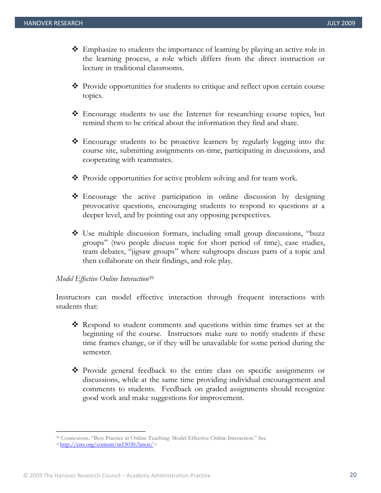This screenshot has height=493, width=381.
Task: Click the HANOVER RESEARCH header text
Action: pos(53,23)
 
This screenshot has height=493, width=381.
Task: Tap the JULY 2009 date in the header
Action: pos(341,23)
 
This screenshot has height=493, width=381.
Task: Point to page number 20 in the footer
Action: pos(353,475)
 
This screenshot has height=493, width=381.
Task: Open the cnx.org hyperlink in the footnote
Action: pos(106,445)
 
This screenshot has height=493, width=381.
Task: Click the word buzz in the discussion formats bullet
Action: pos(317,233)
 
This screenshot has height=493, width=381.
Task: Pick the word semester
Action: pos(97,352)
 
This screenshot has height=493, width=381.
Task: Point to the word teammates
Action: pos(156,160)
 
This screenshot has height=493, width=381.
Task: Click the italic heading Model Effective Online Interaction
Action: pos(102,279)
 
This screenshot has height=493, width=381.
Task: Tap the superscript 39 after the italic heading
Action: pos(152,277)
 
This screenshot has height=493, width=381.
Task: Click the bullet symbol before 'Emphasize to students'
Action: pos(75,49)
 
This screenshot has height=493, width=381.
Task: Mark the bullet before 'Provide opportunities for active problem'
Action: pos(75,178)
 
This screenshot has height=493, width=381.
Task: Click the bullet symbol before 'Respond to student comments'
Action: pos(75,325)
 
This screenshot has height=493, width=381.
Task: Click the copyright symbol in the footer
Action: pos(25,476)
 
